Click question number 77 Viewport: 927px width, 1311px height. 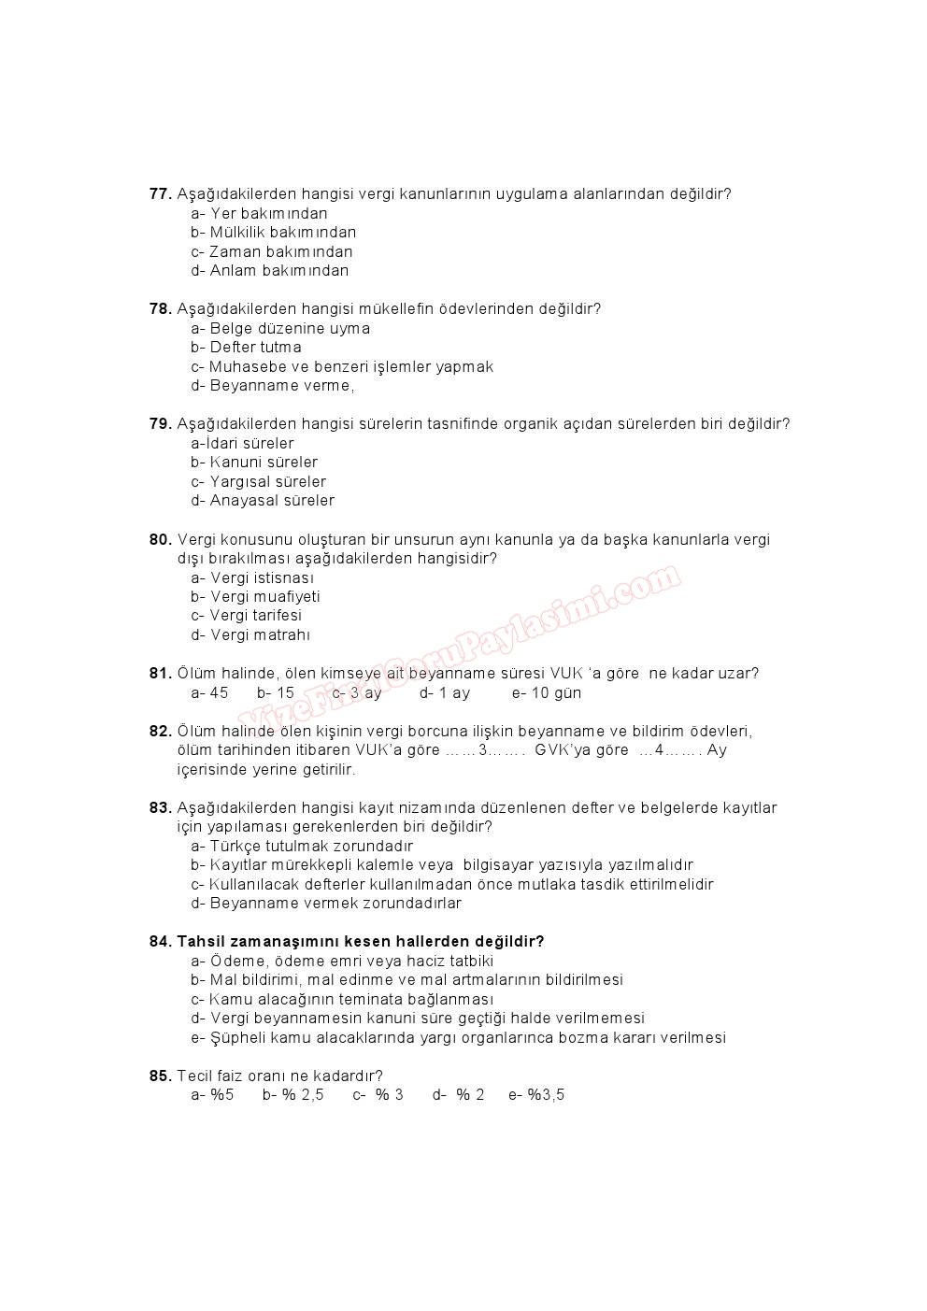click(x=160, y=194)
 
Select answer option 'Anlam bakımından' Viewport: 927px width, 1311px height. click(x=269, y=271)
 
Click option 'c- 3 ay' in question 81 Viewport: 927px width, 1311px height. click(x=357, y=693)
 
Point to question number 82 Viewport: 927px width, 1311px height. click(x=160, y=732)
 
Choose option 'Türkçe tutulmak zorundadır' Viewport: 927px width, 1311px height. click(x=302, y=847)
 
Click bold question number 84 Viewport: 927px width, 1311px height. click(x=160, y=942)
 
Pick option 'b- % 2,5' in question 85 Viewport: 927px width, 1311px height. click(x=292, y=1095)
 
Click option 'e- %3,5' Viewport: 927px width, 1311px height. click(x=536, y=1095)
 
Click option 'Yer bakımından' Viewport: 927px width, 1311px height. click(x=259, y=214)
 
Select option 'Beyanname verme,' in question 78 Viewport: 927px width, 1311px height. click(x=272, y=386)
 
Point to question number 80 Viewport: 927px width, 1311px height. click(x=160, y=540)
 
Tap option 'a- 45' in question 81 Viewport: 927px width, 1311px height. click(x=209, y=693)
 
